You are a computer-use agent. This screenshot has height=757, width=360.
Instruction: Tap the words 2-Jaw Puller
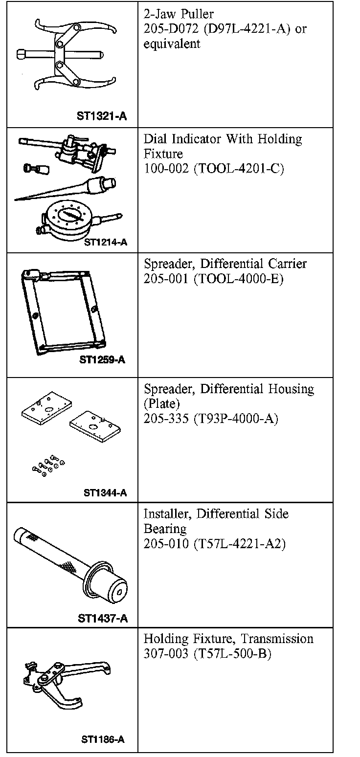pos(179,14)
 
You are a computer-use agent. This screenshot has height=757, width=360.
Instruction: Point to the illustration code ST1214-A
pos(105,242)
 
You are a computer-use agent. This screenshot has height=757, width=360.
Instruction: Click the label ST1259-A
pos(102,360)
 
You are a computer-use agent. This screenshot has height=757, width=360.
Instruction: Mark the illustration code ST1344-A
pos(105,492)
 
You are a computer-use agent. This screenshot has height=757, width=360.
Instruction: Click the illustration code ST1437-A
pos(103,618)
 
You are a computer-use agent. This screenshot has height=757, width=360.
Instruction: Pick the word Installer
pos(165,514)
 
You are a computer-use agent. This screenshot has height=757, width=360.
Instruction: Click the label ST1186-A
pos(103,739)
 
